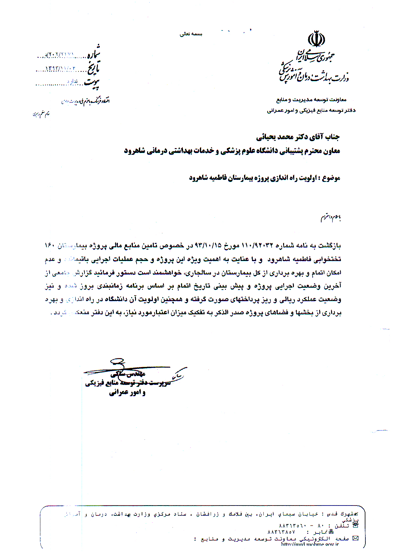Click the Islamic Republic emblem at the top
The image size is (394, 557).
click(316, 39)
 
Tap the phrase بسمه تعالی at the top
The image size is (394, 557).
click(191, 34)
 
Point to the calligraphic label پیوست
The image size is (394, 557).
click(92, 83)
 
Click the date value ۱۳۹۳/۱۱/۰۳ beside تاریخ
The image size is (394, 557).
click(61, 69)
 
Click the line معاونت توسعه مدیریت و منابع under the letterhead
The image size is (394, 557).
click(311, 100)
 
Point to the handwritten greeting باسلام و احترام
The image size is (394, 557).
click(330, 218)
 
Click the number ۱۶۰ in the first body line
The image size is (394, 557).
click(50, 246)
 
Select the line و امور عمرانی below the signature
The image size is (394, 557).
click(127, 393)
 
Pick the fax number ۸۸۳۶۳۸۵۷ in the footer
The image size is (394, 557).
click(281, 532)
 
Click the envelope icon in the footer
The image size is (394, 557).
click(355, 538)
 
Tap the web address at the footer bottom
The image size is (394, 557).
click(310, 544)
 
